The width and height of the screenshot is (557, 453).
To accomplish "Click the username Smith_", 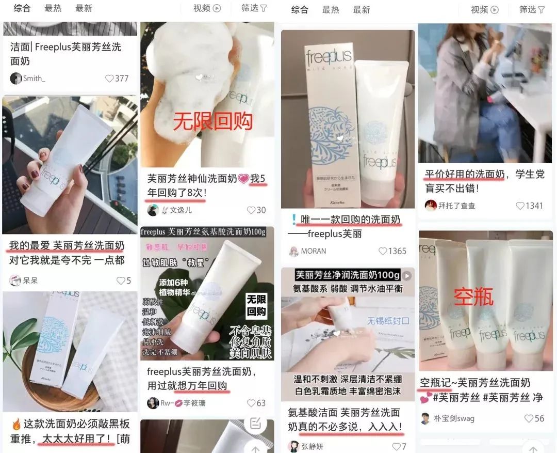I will pos(34,79).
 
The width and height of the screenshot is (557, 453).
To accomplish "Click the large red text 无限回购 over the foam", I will pos(212,121).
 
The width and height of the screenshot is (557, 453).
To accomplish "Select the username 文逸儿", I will pos(181,210).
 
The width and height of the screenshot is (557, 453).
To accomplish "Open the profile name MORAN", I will pos(313,251).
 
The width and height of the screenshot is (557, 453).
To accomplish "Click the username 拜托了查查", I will pos(456,206).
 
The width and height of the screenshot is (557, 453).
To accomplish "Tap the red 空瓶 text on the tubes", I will pos(473,296).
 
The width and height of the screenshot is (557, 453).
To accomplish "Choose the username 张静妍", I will pos(313,446).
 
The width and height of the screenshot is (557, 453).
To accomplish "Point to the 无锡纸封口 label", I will pos(388,321).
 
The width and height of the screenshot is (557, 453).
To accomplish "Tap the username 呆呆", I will pos(30,281).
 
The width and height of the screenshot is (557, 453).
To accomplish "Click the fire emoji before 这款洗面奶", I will pos(15,425).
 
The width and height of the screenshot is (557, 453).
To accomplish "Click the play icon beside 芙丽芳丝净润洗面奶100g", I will pos(407,275).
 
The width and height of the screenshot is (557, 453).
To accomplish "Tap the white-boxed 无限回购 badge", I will pos(256,306).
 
